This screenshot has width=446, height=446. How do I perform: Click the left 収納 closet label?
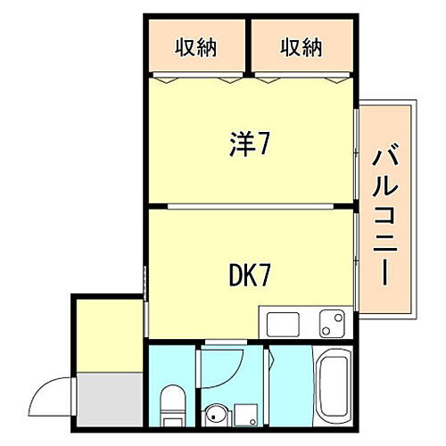[x=195, y=45]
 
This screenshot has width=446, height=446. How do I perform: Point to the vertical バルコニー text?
[x=384, y=215]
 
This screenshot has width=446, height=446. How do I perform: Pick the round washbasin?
[x=214, y=414]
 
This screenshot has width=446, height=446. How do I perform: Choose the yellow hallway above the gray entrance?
[x=108, y=334]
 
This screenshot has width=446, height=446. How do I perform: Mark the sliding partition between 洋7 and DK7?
[x=250, y=207]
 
